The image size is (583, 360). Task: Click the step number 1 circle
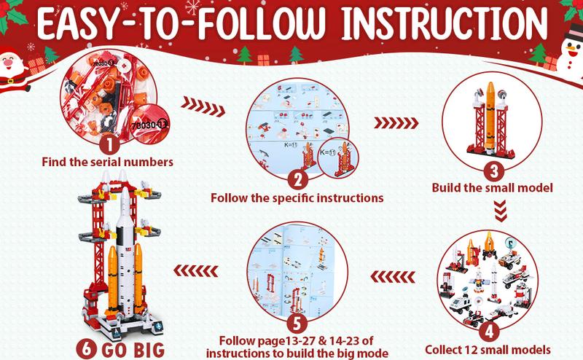pyautogui.click(x=109, y=144)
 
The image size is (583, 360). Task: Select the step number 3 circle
pyautogui.click(x=494, y=171)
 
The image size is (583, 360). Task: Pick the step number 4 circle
pyautogui.click(x=489, y=331)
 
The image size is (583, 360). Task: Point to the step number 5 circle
pyautogui.click(x=297, y=323)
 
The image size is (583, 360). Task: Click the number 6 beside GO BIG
pyautogui.click(x=86, y=349)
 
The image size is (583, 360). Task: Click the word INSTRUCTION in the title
pyautogui.click(x=445, y=24)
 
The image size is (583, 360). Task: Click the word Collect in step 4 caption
pyautogui.click(x=443, y=350)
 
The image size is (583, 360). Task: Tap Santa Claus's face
pyautogui.click(x=8, y=61)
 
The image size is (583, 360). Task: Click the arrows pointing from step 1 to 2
pyautogui.click(x=203, y=106)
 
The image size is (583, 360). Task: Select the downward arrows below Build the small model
pyautogui.click(x=501, y=211)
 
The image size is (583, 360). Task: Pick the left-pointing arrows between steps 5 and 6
pyautogui.click(x=195, y=271)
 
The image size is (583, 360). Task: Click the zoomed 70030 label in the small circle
pyautogui.click(x=149, y=125)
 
